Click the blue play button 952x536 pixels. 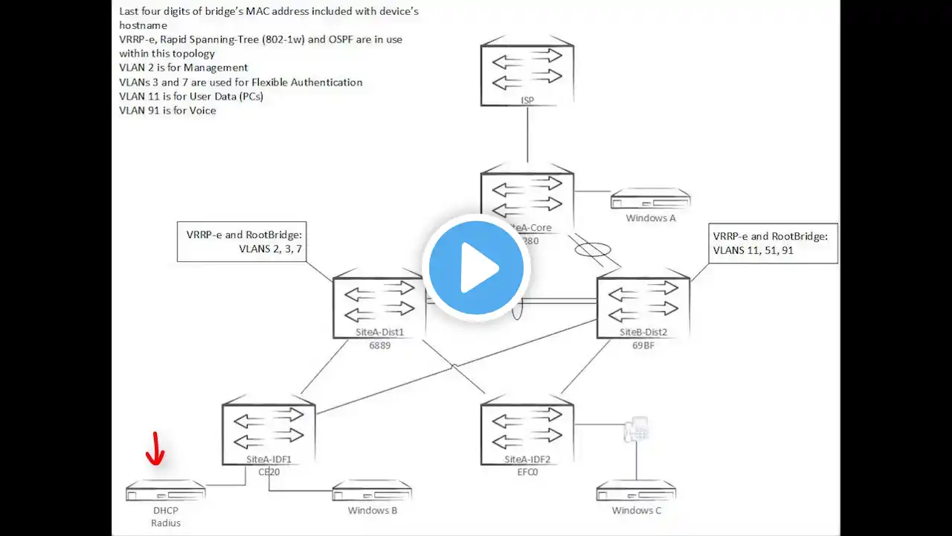coord(475,267)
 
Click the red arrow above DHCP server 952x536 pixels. coord(156,449)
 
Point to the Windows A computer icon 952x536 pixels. coord(651,200)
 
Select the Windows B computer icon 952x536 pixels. coord(372,491)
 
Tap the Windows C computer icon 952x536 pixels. coord(636,491)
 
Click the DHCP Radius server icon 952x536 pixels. coord(165,491)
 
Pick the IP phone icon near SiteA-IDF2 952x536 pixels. coord(637,430)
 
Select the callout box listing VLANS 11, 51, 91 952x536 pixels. coord(773,243)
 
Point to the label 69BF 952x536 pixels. coord(643,345)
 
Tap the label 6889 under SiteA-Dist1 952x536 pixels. coord(379,345)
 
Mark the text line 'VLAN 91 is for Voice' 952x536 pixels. coord(167,110)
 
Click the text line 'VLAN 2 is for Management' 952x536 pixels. coord(183,68)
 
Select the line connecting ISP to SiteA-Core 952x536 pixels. coord(527,134)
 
